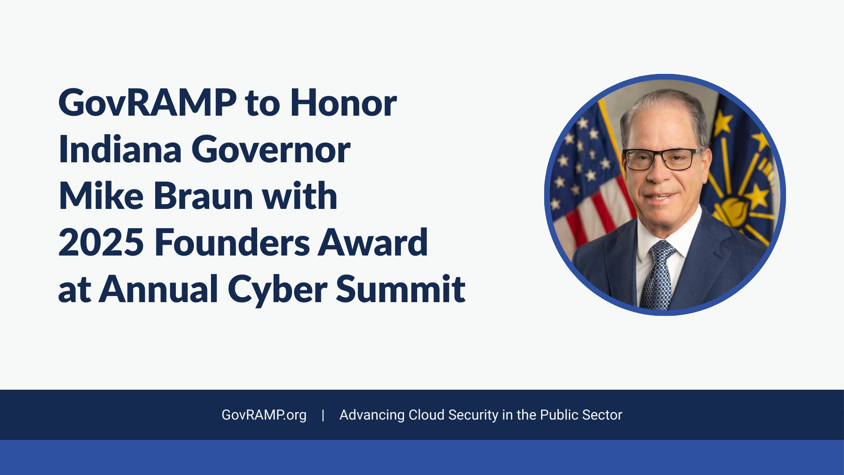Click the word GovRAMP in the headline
coord(148,103)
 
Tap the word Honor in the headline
coord(343,103)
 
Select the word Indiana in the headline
coord(120,149)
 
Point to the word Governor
coord(271,150)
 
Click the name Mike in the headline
coord(101,196)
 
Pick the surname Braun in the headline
coord(204,196)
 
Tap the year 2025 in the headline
coord(101,242)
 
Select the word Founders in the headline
coord(232,242)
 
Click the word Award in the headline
coord(373,242)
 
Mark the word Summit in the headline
coord(401,289)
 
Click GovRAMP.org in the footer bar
coord(264,415)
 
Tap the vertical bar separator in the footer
coord(323,415)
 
